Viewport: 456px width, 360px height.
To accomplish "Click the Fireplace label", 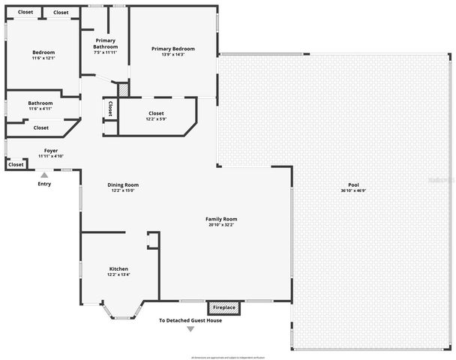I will [x=224, y=307].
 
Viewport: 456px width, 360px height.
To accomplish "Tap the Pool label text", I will [x=353, y=185].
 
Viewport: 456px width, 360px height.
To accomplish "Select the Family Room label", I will [x=221, y=219].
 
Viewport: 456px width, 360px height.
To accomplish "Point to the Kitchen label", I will [x=118, y=268].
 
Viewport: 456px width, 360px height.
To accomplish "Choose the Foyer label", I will [x=51, y=151].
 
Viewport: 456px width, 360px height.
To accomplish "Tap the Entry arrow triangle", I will [x=44, y=175].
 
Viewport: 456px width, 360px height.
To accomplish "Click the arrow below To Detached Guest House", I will [x=190, y=329].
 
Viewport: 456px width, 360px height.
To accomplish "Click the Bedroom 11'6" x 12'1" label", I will [x=43, y=52].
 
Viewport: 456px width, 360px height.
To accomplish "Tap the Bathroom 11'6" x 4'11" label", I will [x=40, y=103].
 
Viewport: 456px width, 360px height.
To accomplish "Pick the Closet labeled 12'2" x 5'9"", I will [x=156, y=113].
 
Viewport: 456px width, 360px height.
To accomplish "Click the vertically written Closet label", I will [x=110, y=109].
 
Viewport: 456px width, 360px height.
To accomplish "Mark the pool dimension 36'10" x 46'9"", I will [x=353, y=191].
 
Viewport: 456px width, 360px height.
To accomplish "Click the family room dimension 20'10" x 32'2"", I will [x=221, y=225].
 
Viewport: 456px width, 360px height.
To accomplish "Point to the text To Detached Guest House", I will [x=190, y=320].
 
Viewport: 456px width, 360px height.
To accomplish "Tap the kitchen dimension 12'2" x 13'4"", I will [x=118, y=274].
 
